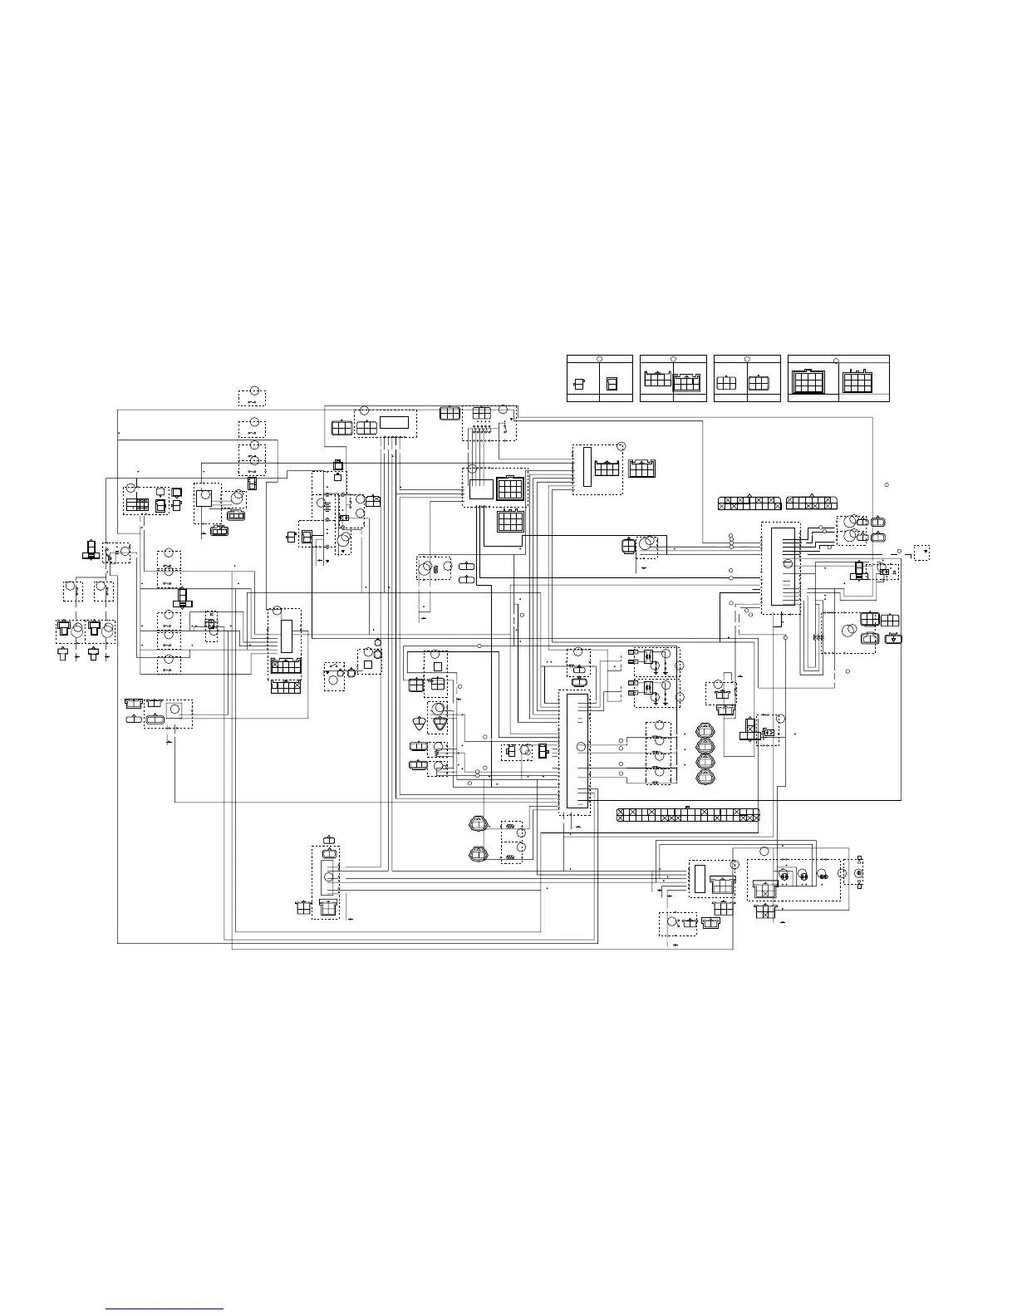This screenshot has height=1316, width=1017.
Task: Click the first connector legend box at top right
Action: [600, 379]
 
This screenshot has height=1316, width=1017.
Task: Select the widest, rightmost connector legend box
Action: [838, 379]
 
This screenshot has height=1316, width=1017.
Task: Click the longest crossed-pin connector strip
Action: [688, 815]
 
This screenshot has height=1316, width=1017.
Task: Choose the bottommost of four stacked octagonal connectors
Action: [705, 778]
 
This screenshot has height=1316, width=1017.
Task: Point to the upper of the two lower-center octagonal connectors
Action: [479, 826]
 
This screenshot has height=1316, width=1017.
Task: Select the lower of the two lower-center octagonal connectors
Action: [479, 853]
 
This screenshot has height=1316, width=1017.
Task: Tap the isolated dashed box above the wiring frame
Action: [253, 396]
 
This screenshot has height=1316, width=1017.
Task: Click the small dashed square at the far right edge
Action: [921, 552]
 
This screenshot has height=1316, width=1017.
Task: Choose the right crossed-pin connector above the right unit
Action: [813, 503]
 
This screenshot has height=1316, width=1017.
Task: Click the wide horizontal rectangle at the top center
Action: [395, 422]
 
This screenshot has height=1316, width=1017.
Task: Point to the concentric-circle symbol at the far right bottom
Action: [859, 873]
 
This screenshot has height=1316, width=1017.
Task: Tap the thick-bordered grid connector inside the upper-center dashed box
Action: [510, 489]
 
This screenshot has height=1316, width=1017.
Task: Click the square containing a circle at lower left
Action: [174, 710]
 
